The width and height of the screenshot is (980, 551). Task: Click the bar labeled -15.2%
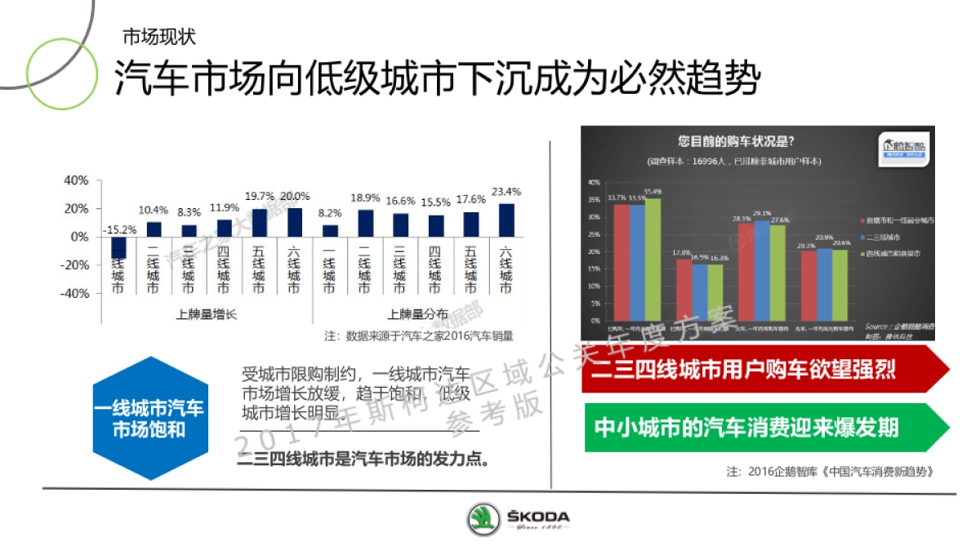coord(118,247)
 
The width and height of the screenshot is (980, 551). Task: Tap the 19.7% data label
coord(259,196)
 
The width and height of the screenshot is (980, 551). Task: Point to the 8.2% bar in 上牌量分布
coord(329,231)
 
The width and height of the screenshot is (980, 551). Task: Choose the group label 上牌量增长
coord(206,314)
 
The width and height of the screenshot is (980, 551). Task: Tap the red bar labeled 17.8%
coord(683,290)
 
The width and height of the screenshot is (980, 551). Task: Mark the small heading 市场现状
coord(158,38)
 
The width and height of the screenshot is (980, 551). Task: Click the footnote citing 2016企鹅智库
coord(829,472)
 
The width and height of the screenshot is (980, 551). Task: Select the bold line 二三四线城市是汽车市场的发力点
coord(363,458)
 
